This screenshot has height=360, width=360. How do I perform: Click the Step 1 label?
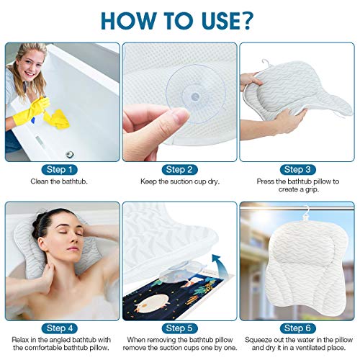pos(60,169)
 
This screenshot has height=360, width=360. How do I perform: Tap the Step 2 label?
pos(179,169)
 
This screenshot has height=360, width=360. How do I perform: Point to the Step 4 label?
pos(60,328)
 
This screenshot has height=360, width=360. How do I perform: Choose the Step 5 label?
pos(179,328)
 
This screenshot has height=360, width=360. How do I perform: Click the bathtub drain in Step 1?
pos(70,153)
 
